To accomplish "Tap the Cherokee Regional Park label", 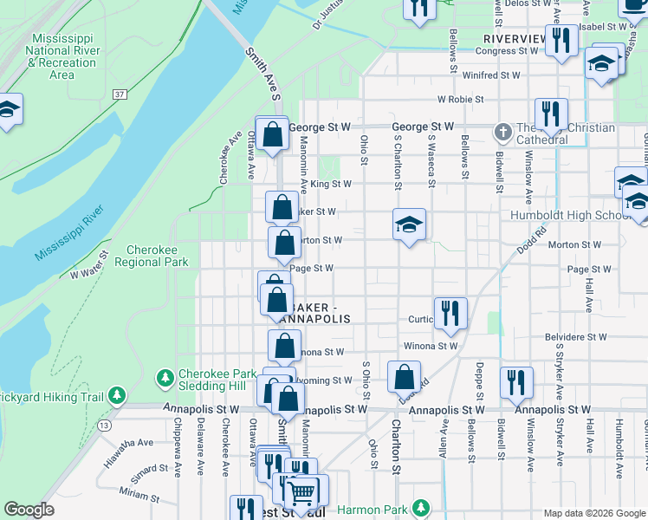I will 157,255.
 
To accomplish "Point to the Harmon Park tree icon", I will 421,507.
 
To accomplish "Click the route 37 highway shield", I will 120,94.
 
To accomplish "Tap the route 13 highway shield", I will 105,426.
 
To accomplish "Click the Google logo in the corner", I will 29,510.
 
